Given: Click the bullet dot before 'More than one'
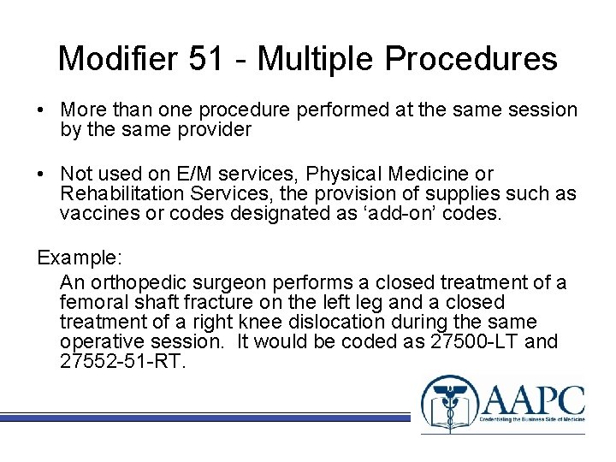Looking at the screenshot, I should (x=41, y=110).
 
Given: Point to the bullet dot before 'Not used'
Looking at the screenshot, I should (x=41, y=175).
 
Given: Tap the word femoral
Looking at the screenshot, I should (x=92, y=302).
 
